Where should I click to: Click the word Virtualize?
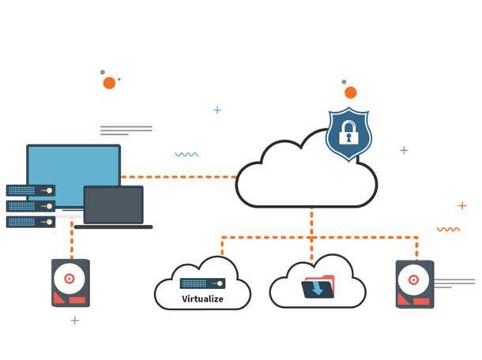pyautogui.click(x=203, y=299)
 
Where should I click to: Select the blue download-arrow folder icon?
pyautogui.click(x=318, y=285)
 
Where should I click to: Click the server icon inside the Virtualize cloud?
pyautogui.click(x=203, y=283)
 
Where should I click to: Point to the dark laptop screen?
pyautogui.click(x=114, y=204)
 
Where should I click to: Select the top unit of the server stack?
pyautogui.click(x=31, y=190)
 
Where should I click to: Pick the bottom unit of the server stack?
pyautogui.click(x=31, y=222)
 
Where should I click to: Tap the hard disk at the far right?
pyautogui.click(x=414, y=283)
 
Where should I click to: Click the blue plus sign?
pyautogui.click(x=217, y=110)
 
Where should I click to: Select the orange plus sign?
pyautogui.click(x=462, y=206)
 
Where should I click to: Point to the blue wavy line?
pyautogui.click(x=186, y=154)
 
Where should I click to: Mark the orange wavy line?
pyautogui.click(x=448, y=229)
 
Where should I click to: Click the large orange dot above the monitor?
pyautogui.click(x=109, y=83)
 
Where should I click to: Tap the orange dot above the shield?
pyautogui.click(x=350, y=92)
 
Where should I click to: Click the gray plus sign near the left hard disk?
pyautogui.click(x=75, y=321)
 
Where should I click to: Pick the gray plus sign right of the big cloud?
pyautogui.click(x=404, y=150)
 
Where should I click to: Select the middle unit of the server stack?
pyautogui.click(x=31, y=206)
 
